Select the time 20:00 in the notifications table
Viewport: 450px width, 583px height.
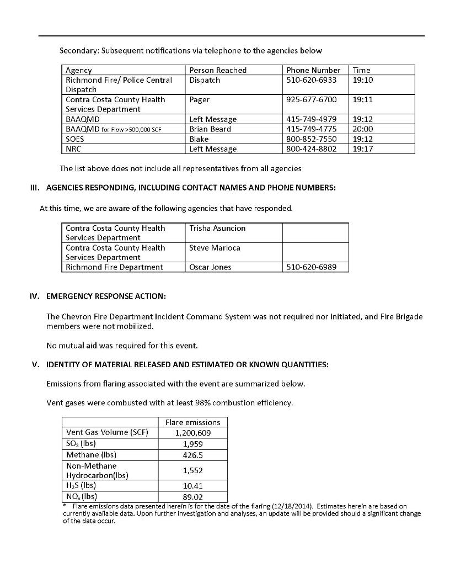click(362, 129)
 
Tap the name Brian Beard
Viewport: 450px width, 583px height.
click(210, 129)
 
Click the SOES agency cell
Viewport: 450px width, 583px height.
click(75, 139)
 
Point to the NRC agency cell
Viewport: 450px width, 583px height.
click(73, 149)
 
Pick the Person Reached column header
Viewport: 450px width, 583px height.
click(218, 70)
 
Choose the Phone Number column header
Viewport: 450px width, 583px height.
click(313, 70)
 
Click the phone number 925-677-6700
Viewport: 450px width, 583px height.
click(311, 100)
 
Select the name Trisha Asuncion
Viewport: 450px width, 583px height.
click(217, 228)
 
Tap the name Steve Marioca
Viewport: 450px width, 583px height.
click(215, 248)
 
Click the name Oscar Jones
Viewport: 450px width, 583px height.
click(210, 267)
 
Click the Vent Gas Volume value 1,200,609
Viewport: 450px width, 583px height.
click(192, 433)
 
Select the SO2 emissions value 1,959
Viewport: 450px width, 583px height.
click(192, 443)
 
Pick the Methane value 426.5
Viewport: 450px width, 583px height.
click(192, 455)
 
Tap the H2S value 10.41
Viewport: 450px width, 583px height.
click(192, 486)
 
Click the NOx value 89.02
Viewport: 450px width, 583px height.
click(192, 496)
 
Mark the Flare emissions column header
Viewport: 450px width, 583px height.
click(192, 422)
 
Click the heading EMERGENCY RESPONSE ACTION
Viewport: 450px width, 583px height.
click(106, 296)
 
